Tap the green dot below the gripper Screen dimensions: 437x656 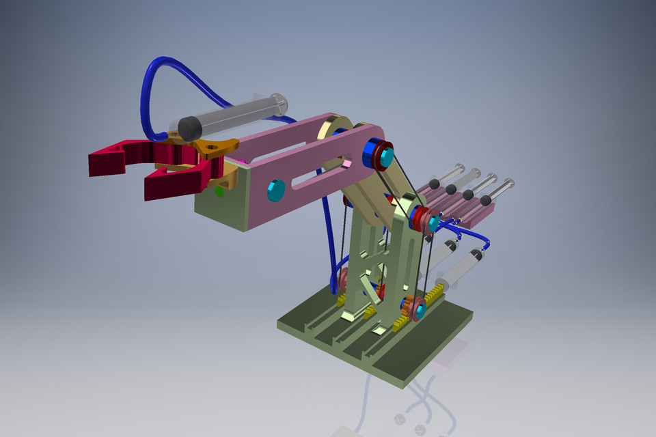coord(219,192)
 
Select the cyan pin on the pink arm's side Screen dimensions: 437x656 coord(276,191)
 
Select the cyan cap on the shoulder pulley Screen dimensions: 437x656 coord(432,222)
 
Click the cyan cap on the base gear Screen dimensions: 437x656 coord(419,311)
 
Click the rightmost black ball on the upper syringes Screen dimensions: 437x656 coord(486,201)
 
